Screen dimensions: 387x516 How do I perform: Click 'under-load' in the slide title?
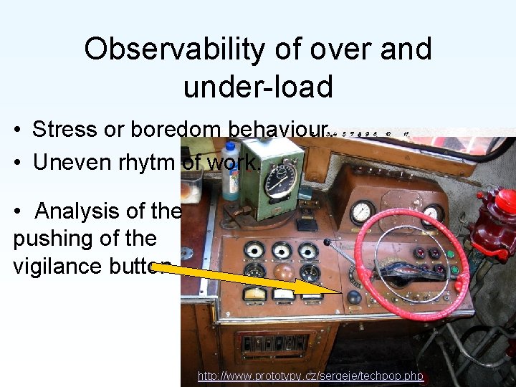(x=258, y=87)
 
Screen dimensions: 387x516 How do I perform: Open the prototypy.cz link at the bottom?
(x=310, y=376)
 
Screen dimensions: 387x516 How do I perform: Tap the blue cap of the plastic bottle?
(x=231, y=150)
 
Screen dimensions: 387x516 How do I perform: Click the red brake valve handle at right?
(x=505, y=203)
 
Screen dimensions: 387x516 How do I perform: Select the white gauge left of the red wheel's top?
(x=361, y=211)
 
